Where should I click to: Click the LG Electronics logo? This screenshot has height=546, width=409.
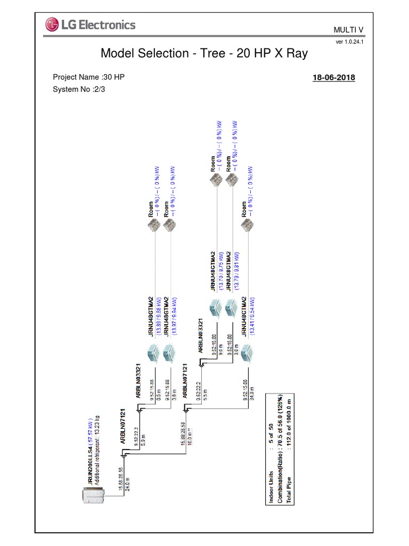[x=91, y=25]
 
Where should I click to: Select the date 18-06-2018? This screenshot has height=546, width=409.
[x=333, y=78]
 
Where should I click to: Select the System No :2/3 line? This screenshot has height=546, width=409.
[x=78, y=89]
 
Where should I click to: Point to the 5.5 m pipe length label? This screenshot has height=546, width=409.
[x=205, y=395]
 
